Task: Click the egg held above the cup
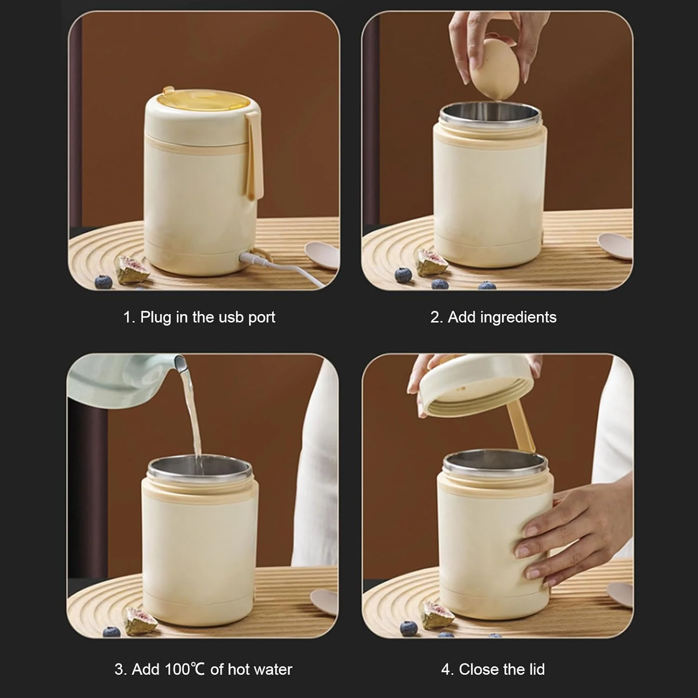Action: pyautogui.click(x=494, y=68)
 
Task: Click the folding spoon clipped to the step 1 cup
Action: pyautogui.click(x=254, y=156)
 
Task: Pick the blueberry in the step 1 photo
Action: pyautogui.click(x=104, y=281)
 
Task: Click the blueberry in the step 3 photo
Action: pyautogui.click(x=111, y=631)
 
